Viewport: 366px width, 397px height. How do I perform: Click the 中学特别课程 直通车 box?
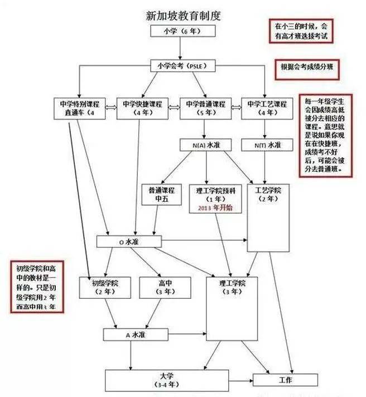tap(81, 109)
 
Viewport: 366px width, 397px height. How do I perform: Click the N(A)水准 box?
tap(205, 145)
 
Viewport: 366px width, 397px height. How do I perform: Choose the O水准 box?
tap(129, 241)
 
